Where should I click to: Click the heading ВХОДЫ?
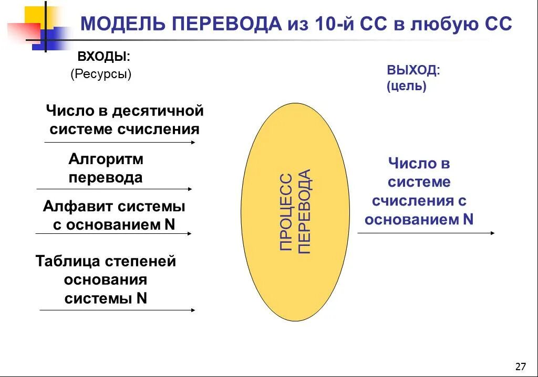pyautogui.click(x=104, y=56)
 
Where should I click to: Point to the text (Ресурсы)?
pyautogui.click(x=101, y=74)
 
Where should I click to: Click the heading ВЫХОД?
pyautogui.click(x=413, y=70)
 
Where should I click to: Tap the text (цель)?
pyautogui.click(x=406, y=86)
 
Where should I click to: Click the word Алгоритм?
pyautogui.click(x=106, y=159)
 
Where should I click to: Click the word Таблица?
pyautogui.click(x=68, y=261)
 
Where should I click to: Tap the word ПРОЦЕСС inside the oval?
pyautogui.click(x=286, y=212)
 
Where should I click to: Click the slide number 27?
pyautogui.click(x=521, y=366)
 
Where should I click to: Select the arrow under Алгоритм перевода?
pyautogui.click(x=114, y=189)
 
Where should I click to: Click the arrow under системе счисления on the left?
pyautogui.click(x=120, y=142)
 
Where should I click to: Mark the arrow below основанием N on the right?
pyautogui.click(x=426, y=233)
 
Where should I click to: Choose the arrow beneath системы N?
pyautogui.click(x=117, y=310)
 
